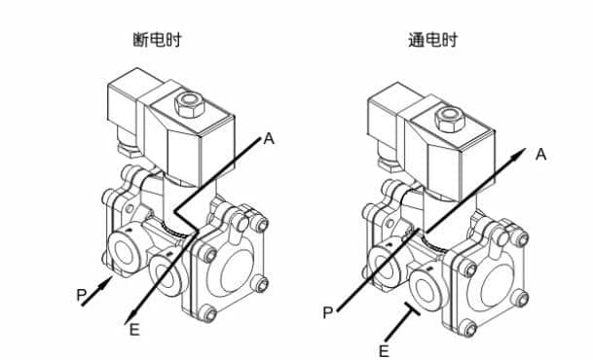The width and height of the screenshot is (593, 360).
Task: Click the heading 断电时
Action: (157, 40)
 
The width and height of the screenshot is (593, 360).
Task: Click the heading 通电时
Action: (432, 40)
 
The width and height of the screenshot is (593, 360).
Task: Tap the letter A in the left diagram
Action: (269, 138)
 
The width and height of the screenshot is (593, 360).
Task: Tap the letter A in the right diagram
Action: (541, 154)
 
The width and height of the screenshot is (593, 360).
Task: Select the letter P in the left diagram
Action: (82, 295)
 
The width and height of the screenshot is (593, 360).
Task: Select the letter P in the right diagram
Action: (328, 312)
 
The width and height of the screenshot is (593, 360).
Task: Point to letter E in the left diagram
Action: (134, 330)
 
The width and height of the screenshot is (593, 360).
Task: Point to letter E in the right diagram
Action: (384, 351)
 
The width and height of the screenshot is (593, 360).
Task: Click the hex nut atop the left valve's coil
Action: (189, 103)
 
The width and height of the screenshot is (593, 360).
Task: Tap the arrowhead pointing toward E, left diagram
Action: (130, 316)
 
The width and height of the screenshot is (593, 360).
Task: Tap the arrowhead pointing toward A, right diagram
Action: (519, 154)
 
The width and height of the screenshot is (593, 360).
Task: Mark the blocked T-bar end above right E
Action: (412, 308)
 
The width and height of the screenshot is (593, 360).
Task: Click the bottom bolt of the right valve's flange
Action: (469, 328)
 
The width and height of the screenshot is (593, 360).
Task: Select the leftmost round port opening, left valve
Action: (124, 252)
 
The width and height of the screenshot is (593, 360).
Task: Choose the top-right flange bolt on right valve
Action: (521, 238)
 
